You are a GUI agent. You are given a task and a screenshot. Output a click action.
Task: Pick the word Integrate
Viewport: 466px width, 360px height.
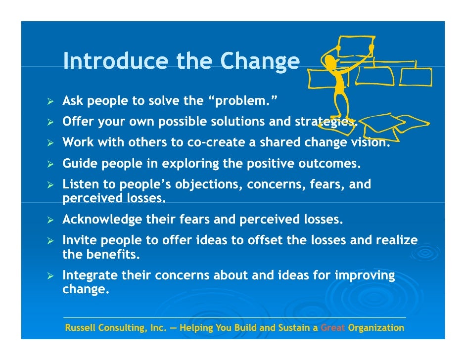click(x=90, y=275)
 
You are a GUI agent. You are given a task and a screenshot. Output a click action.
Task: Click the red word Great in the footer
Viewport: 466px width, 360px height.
click(x=333, y=328)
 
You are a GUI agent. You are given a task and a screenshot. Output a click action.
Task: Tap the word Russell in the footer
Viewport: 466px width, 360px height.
click(x=81, y=328)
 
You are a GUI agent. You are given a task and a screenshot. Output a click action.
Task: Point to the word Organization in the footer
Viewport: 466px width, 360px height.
click(x=376, y=328)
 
